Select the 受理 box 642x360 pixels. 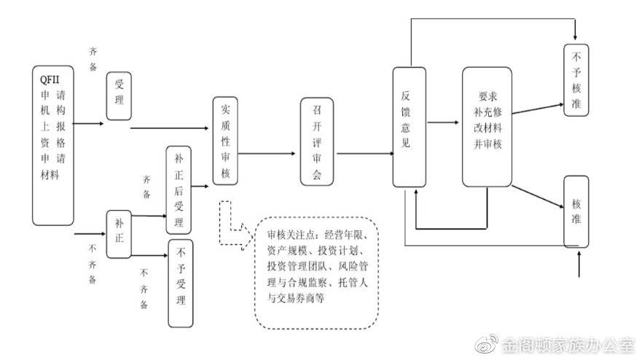(119, 95)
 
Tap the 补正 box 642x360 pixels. (119, 234)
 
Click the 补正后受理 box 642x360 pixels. (180, 189)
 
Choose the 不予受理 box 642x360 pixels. (181, 283)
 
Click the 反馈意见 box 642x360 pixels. (409, 126)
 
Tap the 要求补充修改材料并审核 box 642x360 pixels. (488, 126)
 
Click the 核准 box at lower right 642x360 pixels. (576, 211)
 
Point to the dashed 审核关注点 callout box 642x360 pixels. (316, 272)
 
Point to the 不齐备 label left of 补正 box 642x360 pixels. (93, 263)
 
